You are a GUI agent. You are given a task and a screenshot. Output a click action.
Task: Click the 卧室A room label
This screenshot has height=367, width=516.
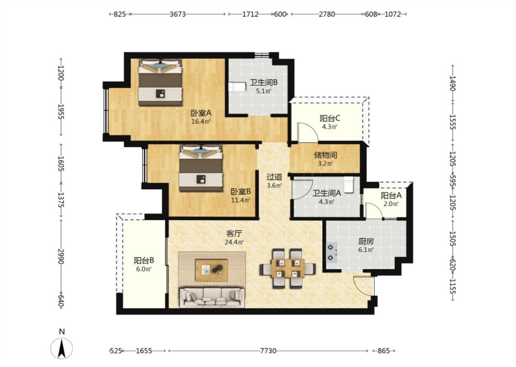click(x=201, y=113)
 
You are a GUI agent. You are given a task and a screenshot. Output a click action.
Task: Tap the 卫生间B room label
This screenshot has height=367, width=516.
click(x=263, y=83)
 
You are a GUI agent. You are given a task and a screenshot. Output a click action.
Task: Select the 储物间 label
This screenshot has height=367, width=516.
click(x=325, y=155)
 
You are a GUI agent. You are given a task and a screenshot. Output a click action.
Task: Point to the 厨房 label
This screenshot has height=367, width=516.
click(x=366, y=241)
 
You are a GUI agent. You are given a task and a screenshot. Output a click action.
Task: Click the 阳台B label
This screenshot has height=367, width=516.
click(x=144, y=261)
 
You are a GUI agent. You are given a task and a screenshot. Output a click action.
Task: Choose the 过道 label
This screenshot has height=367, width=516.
click(x=274, y=177)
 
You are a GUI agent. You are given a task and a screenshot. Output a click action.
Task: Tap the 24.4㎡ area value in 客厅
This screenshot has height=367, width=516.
click(x=234, y=243)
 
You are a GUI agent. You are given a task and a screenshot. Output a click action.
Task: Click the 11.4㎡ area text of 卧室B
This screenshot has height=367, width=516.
click(x=240, y=200)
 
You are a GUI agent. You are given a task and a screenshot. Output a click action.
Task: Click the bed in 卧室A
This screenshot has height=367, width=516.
click(x=160, y=82)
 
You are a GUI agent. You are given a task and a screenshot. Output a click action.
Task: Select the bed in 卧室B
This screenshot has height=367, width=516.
click(x=201, y=168)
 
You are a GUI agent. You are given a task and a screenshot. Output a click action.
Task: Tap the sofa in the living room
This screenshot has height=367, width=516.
click(x=212, y=298)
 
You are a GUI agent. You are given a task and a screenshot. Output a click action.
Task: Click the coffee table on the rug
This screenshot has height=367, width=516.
click(x=211, y=270)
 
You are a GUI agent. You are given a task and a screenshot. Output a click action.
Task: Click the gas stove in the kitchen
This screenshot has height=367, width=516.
click(x=332, y=252)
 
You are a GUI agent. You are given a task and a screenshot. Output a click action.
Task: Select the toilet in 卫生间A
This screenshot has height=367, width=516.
click(x=348, y=185)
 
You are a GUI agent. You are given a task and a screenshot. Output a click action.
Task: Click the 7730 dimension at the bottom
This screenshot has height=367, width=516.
click(x=268, y=351)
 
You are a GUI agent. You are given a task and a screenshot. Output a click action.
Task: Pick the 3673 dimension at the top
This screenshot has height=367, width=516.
click(x=178, y=14)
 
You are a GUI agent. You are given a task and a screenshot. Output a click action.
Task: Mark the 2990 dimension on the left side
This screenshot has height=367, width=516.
click(x=61, y=256)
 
